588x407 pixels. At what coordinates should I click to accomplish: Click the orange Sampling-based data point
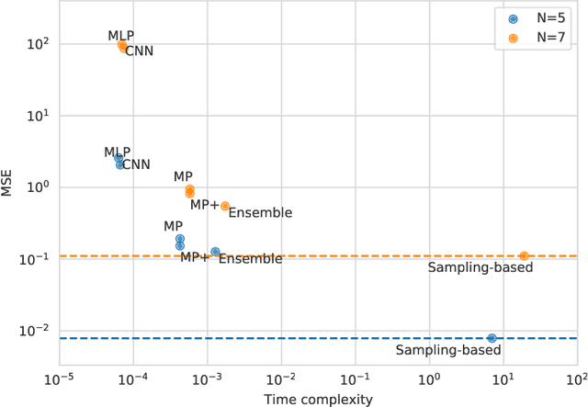[524, 255]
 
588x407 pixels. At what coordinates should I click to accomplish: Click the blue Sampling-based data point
[492, 338]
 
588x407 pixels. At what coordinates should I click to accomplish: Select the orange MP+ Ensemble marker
[225, 206]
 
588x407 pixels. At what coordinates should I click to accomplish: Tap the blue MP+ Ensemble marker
[215, 251]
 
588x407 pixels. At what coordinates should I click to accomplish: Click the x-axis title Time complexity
[318, 399]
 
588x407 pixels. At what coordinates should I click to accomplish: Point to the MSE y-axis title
[12, 187]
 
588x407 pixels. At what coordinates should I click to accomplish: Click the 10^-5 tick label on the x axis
[60, 379]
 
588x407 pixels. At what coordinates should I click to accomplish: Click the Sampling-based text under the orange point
[481, 267]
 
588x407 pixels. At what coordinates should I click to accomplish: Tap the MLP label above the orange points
[120, 36]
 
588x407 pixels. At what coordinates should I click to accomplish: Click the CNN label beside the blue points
[136, 165]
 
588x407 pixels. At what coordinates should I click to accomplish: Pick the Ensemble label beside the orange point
[260, 213]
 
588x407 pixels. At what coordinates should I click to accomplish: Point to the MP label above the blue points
[173, 226]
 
